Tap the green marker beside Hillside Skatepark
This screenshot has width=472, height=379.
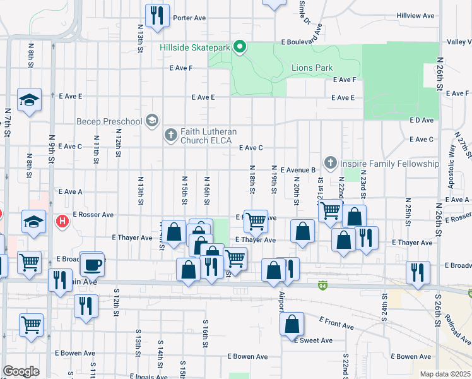coord(240,47)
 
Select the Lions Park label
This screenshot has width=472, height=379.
coord(312,68)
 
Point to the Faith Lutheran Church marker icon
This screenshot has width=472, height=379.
coord(170,135)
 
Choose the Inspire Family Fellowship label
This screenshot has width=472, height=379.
coord(389,164)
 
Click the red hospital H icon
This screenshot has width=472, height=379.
coord(62,221)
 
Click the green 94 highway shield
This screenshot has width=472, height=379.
coord(322,286)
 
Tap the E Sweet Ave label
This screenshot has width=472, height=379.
coord(313,340)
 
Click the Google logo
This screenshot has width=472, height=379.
coord(21,371)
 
